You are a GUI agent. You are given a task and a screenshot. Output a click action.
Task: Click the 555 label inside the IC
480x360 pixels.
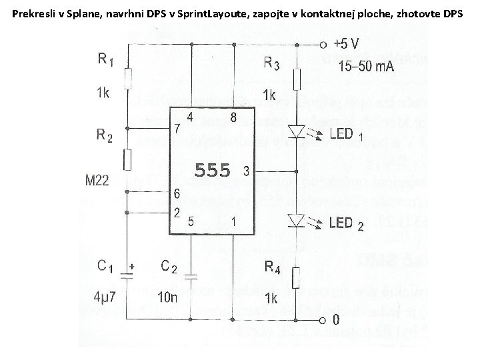[211, 171]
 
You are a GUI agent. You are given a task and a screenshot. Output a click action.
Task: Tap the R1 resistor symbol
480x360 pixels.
[127, 80]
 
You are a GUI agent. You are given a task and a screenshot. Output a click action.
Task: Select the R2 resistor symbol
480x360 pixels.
[127, 159]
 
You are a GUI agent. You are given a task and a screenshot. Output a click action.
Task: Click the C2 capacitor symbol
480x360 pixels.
[191, 274]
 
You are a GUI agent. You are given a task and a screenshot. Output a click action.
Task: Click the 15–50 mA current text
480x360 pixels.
[366, 66]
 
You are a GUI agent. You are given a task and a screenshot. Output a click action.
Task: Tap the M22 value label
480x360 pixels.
[97, 179]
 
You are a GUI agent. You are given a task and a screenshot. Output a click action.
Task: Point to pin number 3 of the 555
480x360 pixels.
[246, 171]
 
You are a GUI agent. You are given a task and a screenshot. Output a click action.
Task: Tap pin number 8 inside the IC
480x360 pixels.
[233, 117]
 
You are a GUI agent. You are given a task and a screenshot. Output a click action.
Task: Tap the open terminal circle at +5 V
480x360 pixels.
[323, 45]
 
